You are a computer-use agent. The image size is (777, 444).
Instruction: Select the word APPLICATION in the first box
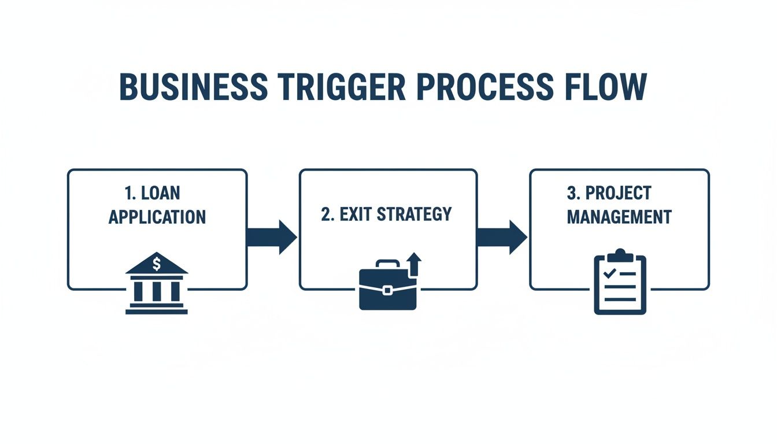157,217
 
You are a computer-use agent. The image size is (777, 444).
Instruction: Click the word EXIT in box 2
354,214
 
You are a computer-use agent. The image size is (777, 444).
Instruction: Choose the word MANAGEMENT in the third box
619,217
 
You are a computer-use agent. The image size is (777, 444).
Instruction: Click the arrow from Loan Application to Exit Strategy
272,237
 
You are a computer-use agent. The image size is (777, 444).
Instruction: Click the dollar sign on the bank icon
157,264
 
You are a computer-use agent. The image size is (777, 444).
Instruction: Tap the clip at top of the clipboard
620,255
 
